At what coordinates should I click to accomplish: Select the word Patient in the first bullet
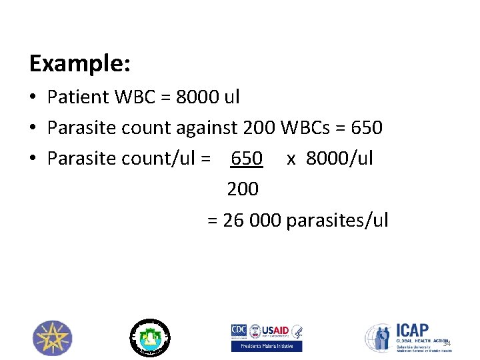(x=78, y=97)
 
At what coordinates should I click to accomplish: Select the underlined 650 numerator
(x=247, y=159)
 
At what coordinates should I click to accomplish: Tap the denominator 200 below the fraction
(x=243, y=189)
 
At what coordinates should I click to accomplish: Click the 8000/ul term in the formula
(x=340, y=159)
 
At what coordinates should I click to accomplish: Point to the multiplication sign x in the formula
(x=291, y=159)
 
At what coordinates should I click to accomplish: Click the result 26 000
(x=252, y=221)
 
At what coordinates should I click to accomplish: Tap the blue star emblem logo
(x=53, y=337)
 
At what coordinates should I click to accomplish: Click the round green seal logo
(x=149, y=337)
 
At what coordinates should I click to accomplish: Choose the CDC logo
(x=239, y=331)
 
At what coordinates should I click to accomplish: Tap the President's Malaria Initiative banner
(x=267, y=347)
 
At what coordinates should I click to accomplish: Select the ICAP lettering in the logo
(x=413, y=331)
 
